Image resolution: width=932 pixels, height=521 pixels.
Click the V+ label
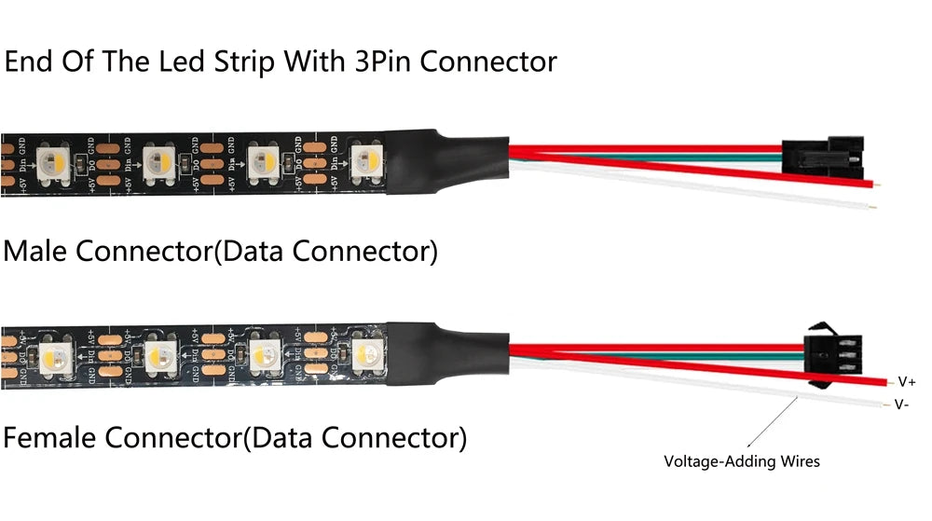(906, 381)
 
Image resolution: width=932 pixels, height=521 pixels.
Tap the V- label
(902, 404)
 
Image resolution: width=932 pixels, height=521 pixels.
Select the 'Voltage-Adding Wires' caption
(742, 460)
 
